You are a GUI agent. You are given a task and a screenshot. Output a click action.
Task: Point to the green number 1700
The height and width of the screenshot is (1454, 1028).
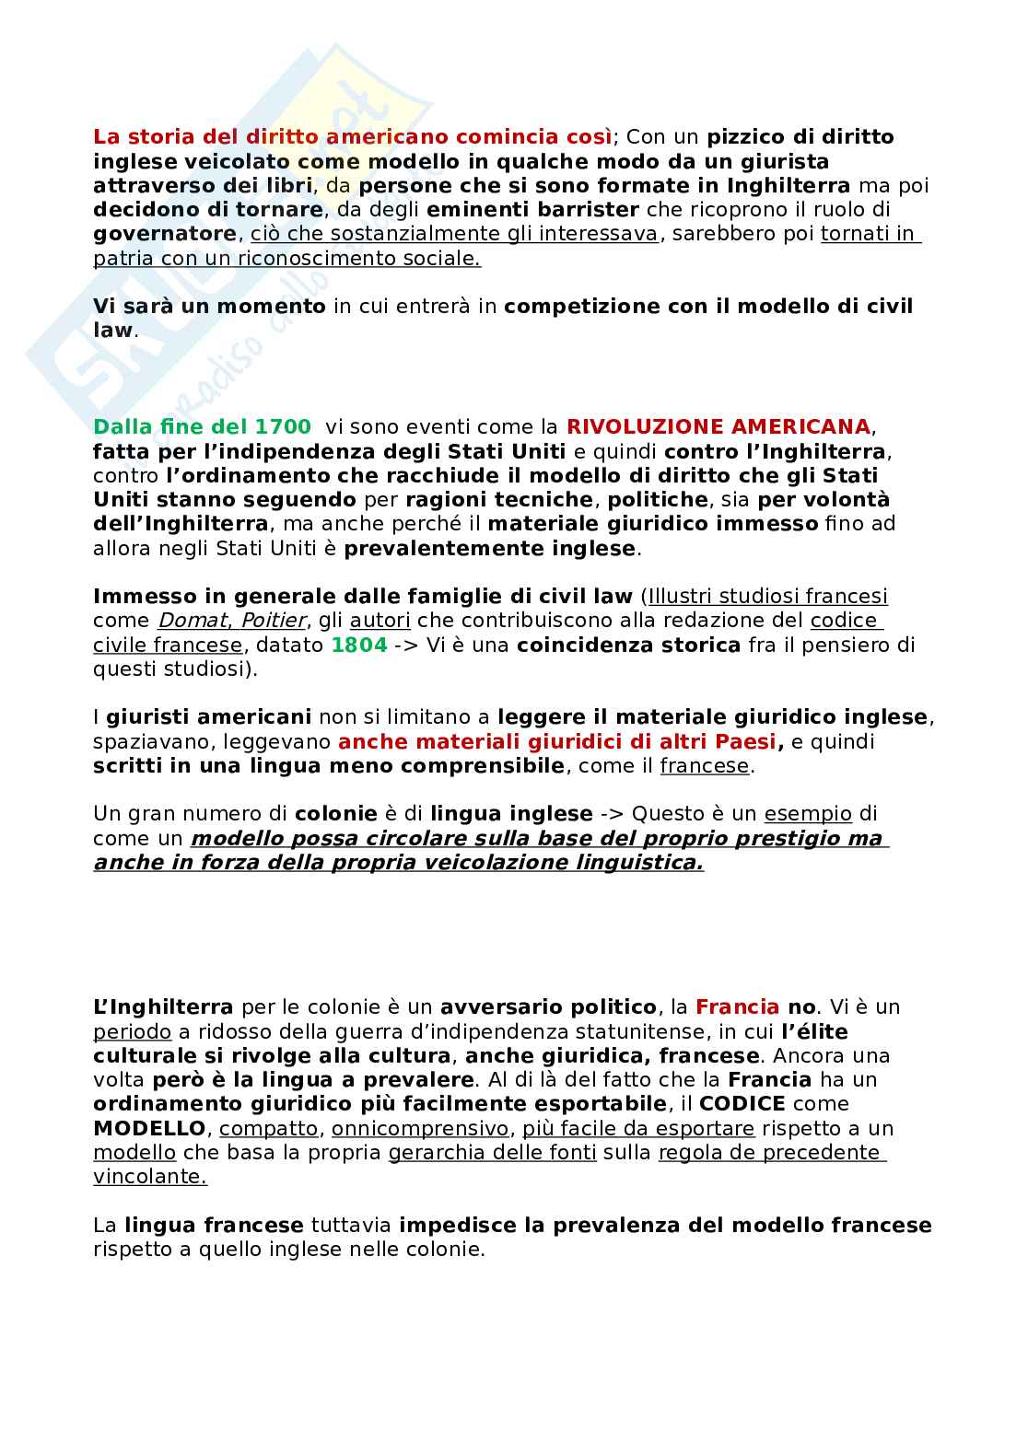coord(283,427)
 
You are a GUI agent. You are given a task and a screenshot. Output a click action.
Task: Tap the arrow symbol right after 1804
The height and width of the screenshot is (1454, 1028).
coord(405,645)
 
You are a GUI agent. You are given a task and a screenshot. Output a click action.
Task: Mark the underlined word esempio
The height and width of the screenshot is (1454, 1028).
coord(808,814)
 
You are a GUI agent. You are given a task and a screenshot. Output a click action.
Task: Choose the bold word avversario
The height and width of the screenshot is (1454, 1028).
coord(496,1006)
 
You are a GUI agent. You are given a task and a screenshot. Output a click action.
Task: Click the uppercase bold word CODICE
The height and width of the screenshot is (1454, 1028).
coord(742,1104)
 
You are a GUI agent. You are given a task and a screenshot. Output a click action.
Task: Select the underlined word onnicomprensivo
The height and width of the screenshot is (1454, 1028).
coord(419,1128)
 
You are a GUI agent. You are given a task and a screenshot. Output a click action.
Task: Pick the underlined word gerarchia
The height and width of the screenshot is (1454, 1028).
coord(432,1153)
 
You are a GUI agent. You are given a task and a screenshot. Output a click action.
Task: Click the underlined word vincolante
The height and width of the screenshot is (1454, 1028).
coord(149,1177)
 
